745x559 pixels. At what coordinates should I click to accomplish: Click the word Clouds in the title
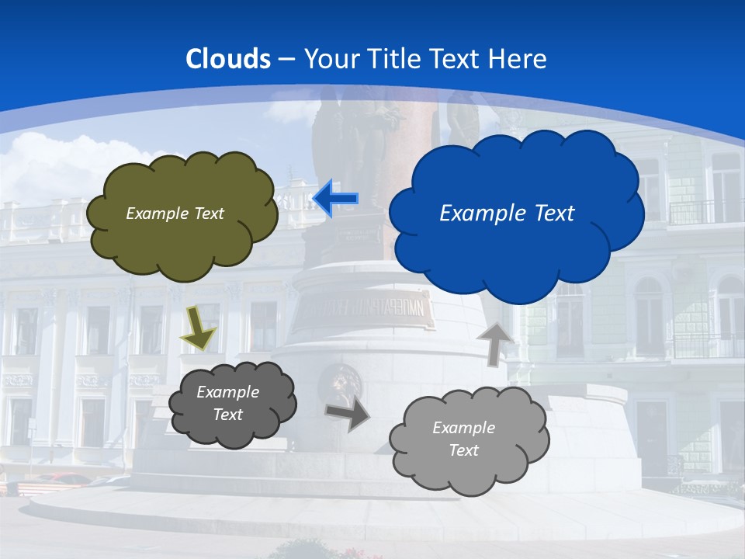click(x=228, y=59)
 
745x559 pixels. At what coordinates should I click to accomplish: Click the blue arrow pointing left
click(x=335, y=199)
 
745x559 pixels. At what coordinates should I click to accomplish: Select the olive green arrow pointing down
click(x=198, y=328)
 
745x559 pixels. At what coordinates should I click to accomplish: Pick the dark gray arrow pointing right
click(x=348, y=414)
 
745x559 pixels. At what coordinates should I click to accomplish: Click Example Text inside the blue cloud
click(x=507, y=213)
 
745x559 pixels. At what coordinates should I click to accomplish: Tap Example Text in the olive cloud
click(x=175, y=214)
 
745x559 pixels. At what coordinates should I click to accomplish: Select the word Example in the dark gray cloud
click(x=227, y=392)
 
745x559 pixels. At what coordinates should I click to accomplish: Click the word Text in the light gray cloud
click(x=463, y=450)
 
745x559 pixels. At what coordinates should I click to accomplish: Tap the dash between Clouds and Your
click(x=286, y=59)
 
